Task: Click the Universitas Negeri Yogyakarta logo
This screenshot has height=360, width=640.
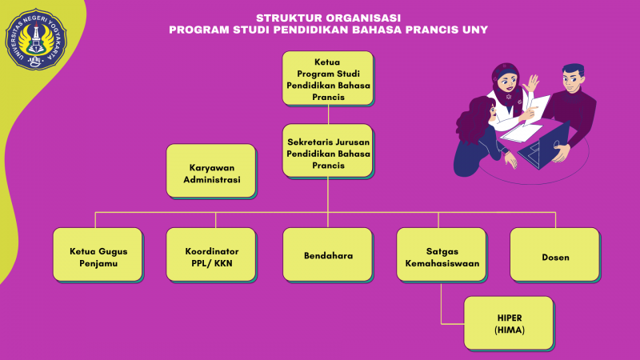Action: [36, 39]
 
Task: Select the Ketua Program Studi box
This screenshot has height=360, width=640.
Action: [328, 78]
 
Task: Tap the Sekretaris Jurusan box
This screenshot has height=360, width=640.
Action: [328, 151]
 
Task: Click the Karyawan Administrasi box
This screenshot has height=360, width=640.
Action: [211, 171]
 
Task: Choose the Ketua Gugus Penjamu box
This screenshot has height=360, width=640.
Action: [98, 255]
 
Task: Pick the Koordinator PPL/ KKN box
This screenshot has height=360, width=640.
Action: [211, 255]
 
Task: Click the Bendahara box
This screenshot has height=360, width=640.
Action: [328, 255]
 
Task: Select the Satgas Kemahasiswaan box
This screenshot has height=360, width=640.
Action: [442, 255]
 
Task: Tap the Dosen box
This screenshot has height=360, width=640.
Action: [555, 255]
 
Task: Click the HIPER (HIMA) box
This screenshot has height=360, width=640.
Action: [510, 324]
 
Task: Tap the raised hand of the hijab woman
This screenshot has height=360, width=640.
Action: [531, 83]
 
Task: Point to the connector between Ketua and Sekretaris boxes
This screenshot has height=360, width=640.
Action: [328, 114]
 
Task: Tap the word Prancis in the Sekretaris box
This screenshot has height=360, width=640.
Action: [328, 166]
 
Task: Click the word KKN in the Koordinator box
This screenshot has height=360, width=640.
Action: [223, 263]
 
